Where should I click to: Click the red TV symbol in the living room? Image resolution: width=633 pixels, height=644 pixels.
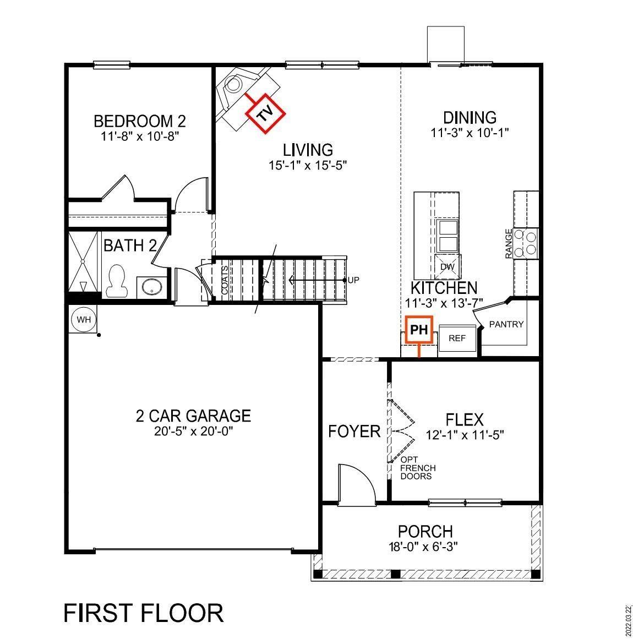tap(265, 114)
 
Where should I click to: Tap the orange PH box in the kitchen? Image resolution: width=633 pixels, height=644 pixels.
tap(419, 330)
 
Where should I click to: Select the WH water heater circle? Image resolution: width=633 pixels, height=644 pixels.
tap(83, 319)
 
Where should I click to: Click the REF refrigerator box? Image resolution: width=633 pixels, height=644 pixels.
tap(457, 338)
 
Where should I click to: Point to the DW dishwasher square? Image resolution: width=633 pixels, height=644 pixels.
tap(447, 267)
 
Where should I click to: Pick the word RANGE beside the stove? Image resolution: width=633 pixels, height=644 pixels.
tap(509, 244)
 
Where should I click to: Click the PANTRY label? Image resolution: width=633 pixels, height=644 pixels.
tap(506, 324)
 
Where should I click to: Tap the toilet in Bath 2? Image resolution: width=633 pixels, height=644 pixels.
tap(116, 281)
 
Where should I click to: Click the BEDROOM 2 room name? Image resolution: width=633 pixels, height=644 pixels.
tap(139, 121)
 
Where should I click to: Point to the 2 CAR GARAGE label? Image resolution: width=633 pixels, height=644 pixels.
tap(193, 416)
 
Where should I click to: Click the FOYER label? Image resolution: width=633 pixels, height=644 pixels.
tap(354, 431)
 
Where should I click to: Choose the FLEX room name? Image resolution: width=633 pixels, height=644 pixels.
tap(465, 420)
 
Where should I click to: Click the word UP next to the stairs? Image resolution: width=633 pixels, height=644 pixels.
tap(353, 280)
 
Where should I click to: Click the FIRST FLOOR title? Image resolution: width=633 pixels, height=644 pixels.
tap(144, 613)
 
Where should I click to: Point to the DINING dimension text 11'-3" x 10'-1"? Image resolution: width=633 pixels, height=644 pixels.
tap(470, 133)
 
